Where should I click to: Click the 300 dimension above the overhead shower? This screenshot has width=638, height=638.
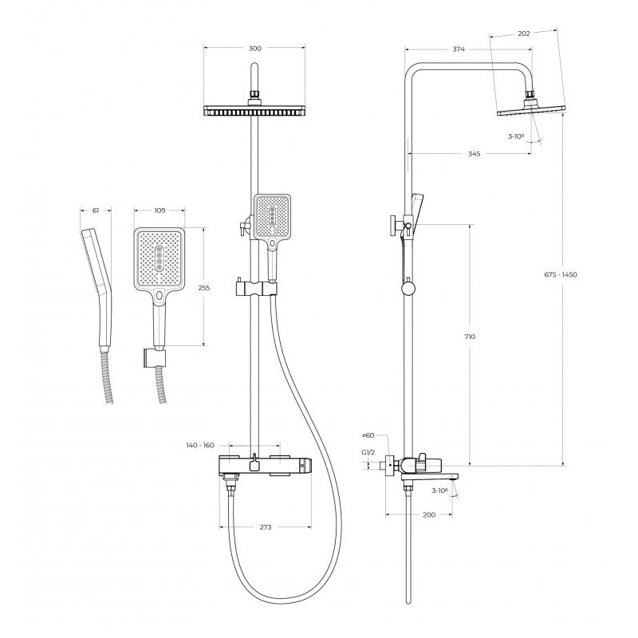pos(254,49)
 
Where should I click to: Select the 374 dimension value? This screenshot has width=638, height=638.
pos(459,49)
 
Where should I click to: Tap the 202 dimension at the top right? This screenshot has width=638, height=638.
pos(524,33)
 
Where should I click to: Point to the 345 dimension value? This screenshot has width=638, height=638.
pos(474,154)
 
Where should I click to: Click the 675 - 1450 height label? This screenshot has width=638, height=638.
pos(561,274)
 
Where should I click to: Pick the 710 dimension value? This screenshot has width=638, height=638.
pos(470,337)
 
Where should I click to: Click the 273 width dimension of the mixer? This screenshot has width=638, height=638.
pos(266,527)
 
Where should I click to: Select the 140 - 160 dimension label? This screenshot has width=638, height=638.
pos(200,445)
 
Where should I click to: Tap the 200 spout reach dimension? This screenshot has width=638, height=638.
pos(429,514)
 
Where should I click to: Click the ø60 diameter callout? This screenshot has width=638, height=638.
pos(368,435)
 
